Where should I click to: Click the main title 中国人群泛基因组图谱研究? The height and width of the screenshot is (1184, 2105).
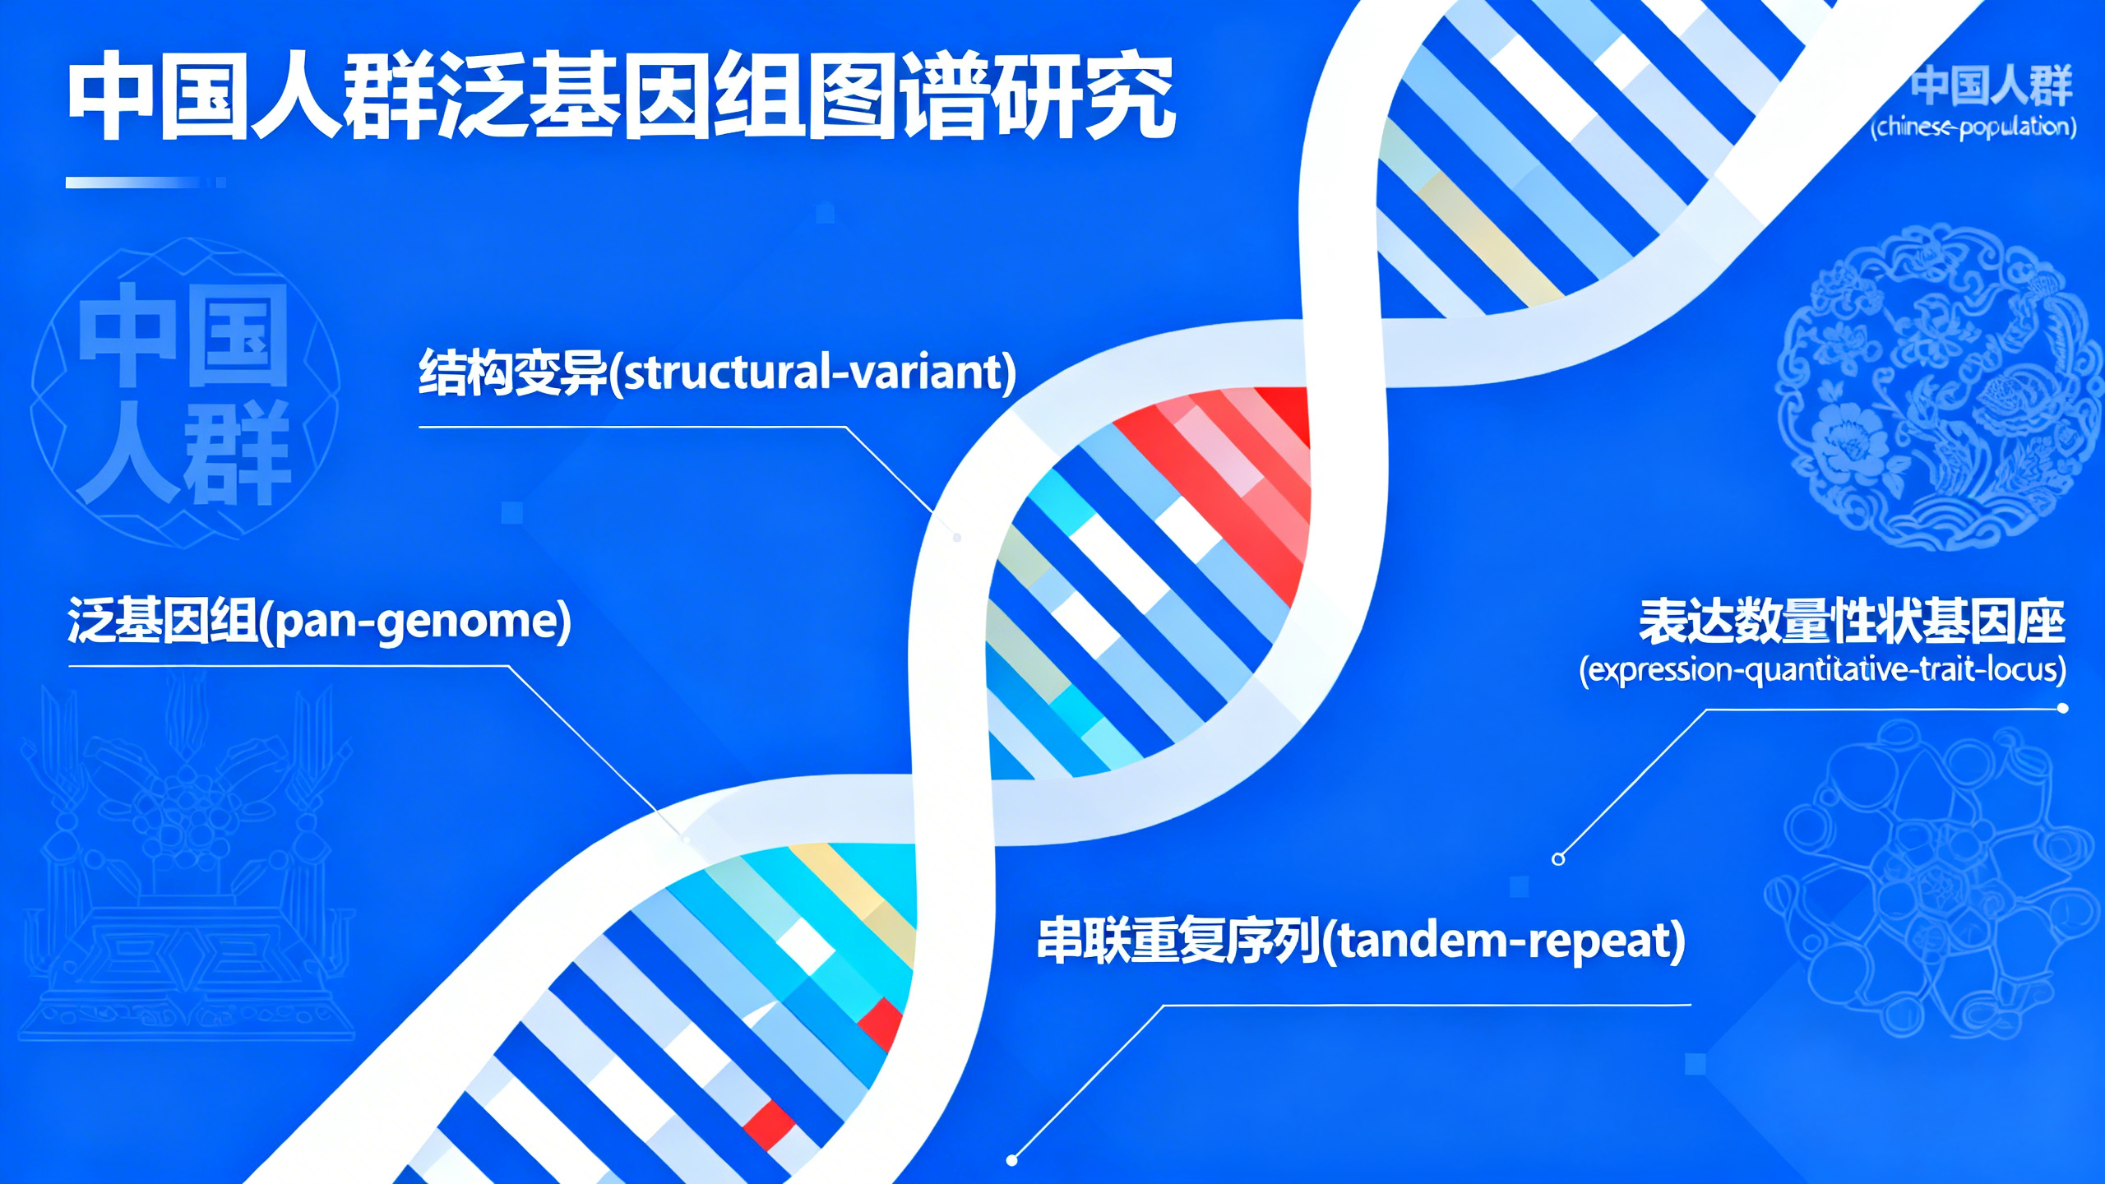point(621,96)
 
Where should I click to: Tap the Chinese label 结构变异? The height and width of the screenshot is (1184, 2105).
point(512,372)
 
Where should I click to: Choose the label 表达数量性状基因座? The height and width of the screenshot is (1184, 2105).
point(1851,622)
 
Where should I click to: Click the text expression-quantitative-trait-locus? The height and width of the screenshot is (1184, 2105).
point(1822,670)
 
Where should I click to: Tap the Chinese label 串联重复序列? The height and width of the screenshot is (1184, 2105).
point(1178,941)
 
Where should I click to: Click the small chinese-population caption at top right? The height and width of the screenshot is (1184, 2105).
point(1973,127)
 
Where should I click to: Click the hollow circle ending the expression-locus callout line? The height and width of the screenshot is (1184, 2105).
point(1558,859)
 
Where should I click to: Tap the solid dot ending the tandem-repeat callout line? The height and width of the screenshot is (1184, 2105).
point(1012,1160)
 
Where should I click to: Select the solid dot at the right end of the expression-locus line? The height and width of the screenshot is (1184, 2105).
point(2063,708)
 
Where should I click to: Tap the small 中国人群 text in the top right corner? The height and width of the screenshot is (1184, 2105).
point(1991,86)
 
